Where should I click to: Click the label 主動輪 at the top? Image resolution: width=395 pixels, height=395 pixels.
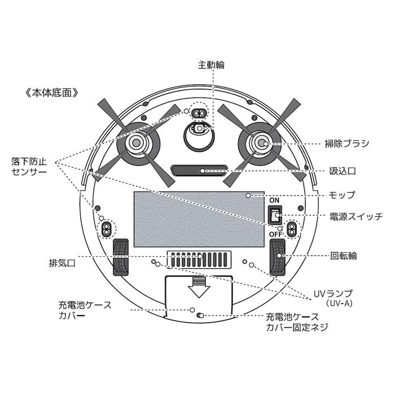point(211,65)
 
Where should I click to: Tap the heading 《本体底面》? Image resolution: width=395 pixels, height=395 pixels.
point(52,93)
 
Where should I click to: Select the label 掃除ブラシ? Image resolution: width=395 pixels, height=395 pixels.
point(347,143)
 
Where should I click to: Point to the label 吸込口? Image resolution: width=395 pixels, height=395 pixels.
point(343,171)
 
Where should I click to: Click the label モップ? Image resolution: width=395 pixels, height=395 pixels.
point(342,195)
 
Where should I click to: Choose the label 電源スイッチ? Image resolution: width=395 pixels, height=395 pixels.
point(356,216)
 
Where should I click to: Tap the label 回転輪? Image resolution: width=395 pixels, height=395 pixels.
point(344,256)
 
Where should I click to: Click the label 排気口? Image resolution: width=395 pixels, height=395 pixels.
point(62,264)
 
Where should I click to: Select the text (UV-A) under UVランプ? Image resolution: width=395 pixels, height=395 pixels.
point(339,304)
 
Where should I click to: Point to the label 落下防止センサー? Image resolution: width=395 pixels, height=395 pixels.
point(29,166)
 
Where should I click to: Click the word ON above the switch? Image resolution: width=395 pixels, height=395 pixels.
point(274,200)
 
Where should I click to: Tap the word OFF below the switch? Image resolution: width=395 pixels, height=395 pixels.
point(275,235)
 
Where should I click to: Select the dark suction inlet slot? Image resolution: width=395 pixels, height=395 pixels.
point(199,170)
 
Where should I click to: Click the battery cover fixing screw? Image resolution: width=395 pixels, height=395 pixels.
point(200,315)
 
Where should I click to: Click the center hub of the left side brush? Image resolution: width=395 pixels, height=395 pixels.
point(137,143)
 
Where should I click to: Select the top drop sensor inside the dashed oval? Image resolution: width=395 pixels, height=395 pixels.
point(199,113)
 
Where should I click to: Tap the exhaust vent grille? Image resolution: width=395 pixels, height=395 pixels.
point(199,260)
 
